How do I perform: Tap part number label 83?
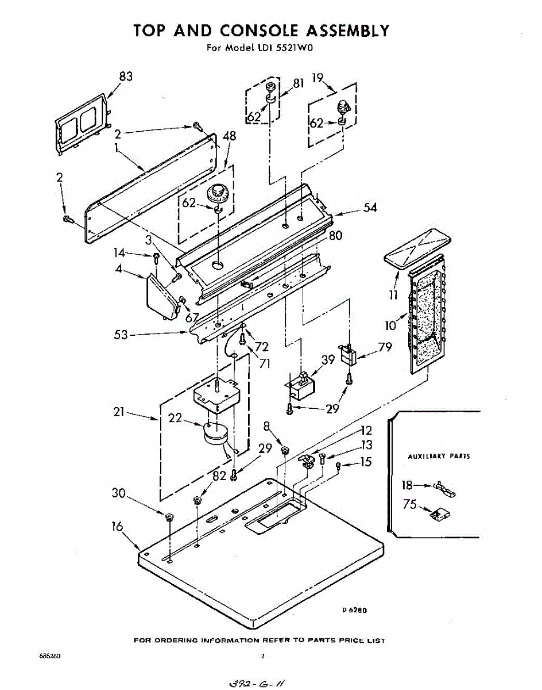pyautogui.click(x=126, y=76)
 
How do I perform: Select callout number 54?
pyautogui.click(x=370, y=208)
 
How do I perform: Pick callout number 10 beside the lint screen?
pyautogui.click(x=390, y=325)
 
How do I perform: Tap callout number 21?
pyautogui.click(x=119, y=412)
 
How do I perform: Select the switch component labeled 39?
pyautogui.click(x=300, y=386)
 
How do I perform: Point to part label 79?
pyautogui.click(x=385, y=347)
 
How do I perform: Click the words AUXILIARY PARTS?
pyautogui.click(x=439, y=456)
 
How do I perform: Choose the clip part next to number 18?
pyautogui.click(x=444, y=489)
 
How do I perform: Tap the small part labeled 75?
pyautogui.click(x=440, y=514)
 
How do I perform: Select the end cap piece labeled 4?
pyautogui.click(x=162, y=297)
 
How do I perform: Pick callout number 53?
pyautogui.click(x=121, y=335)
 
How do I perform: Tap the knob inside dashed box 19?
pyautogui.click(x=343, y=107)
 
